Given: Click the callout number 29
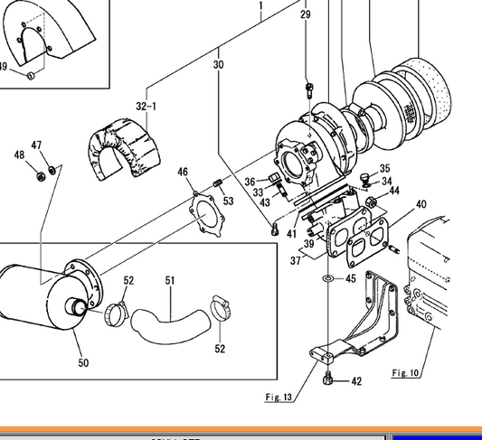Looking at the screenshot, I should click(305, 15).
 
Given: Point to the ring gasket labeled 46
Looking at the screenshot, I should click(207, 217).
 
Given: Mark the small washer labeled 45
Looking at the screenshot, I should click(325, 278).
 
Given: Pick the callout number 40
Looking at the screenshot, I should click(421, 204).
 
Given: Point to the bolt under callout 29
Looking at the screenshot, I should click(307, 88).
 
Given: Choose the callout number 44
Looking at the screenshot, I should click(394, 192).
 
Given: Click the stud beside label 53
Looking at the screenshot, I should click(217, 185).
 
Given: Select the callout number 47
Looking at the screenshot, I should click(36, 145).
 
